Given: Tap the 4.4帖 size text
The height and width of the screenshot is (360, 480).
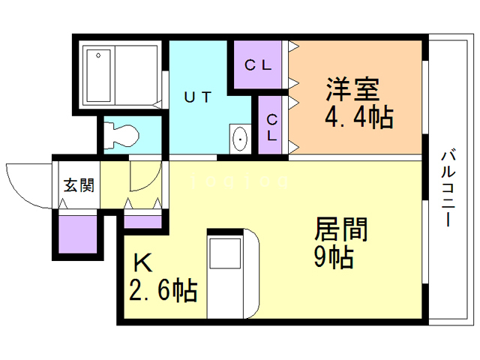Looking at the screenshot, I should coord(358,116).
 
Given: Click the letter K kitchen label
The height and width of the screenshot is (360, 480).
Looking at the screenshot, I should coord(142,263).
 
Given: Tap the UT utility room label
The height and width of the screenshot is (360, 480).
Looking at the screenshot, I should coord(198,96).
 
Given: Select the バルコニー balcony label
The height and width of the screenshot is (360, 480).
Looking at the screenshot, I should coord(448,188).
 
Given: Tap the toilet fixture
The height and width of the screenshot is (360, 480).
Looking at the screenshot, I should coord(121,134).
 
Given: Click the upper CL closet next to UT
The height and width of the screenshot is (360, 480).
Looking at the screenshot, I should coord(257,65).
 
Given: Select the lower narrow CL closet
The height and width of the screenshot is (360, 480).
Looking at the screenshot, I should coord(272,127).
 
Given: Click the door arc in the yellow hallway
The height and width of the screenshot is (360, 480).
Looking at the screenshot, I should coord(145,177).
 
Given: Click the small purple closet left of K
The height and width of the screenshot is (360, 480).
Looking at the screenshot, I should coord(142,221).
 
